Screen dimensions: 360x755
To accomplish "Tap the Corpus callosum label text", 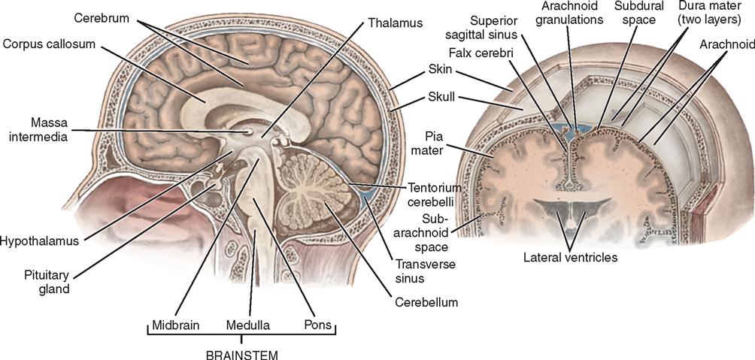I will (49, 44).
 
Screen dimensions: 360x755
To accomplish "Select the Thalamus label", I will (395, 23).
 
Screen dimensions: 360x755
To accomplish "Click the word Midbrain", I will (175, 327).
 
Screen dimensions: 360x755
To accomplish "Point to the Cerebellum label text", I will (426, 303).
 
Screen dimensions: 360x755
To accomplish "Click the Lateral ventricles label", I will (570, 258).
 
